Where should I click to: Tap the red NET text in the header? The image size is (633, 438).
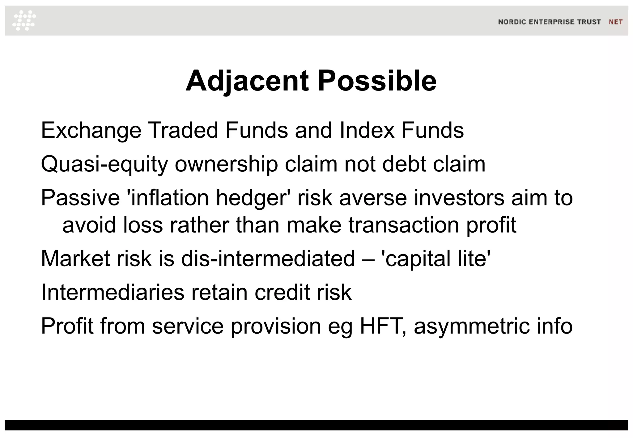615,22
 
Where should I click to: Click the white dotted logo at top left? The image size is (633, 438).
24,20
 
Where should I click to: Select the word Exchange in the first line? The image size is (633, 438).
91,131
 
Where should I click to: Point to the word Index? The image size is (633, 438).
367,130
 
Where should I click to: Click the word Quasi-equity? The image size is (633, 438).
104,164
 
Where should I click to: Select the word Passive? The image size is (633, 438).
80,198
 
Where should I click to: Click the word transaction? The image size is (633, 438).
404,225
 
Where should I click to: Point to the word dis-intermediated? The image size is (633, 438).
268,259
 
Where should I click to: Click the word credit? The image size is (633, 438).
282,292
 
